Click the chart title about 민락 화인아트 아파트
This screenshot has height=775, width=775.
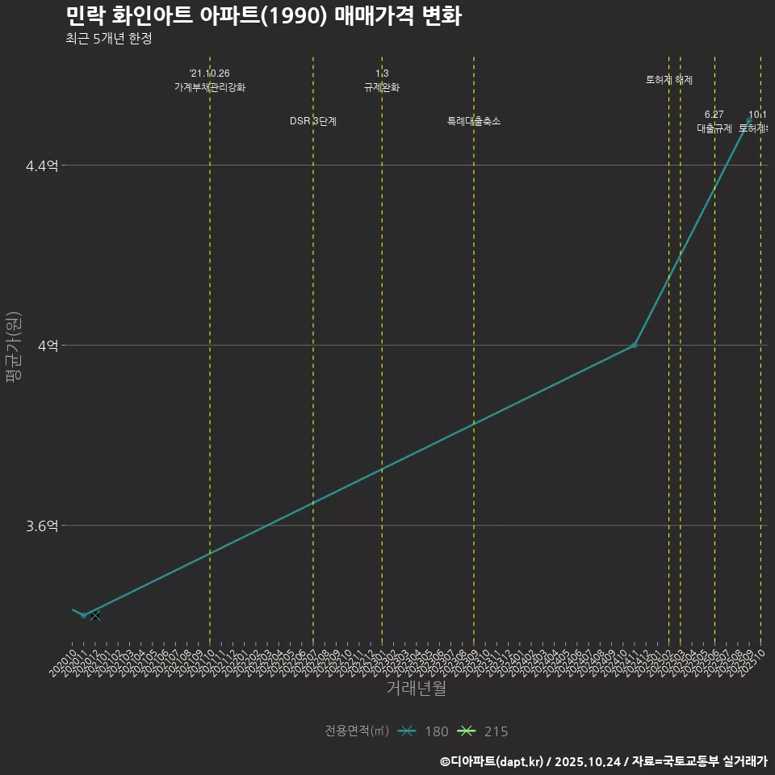263,16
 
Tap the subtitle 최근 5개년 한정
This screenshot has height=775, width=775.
109,39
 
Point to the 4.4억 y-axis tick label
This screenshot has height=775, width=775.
42,165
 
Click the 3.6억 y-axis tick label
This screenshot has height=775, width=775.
42,526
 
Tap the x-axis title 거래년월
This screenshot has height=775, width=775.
416,689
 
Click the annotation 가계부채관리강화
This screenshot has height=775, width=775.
210,87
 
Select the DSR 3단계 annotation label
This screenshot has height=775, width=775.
313,121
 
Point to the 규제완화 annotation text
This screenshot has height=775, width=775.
382,87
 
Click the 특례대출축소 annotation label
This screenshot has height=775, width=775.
474,121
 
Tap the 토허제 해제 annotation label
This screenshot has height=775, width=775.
669,80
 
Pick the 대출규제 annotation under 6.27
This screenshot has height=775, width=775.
714,128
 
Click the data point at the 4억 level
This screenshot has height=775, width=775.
635,346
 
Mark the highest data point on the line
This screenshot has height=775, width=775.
749,120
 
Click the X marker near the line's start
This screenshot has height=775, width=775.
95,616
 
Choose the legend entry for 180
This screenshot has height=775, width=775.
424,731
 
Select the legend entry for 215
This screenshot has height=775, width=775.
483,731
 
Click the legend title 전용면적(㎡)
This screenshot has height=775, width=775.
357,731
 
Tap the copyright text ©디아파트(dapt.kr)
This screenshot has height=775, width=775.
493,761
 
